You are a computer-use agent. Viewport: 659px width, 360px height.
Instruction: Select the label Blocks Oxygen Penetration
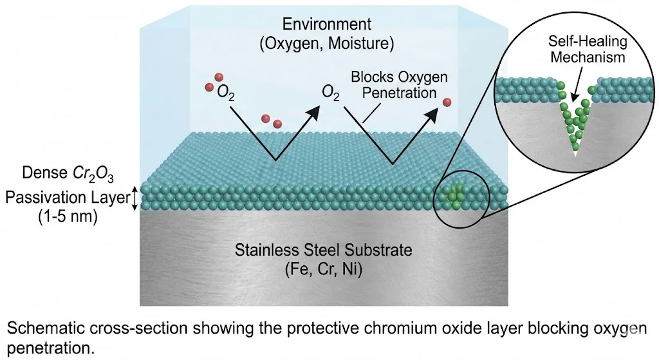(391, 84)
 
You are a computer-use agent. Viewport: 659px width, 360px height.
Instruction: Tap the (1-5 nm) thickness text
(67, 217)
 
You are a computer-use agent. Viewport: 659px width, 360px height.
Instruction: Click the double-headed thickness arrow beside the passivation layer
(134, 198)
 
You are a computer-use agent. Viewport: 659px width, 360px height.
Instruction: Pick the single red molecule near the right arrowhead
(447, 102)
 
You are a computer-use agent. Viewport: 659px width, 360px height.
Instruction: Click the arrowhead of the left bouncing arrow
(313, 111)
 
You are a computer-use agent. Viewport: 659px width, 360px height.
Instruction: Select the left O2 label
(226, 95)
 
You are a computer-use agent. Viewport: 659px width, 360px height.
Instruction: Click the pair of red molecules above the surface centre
(271, 121)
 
